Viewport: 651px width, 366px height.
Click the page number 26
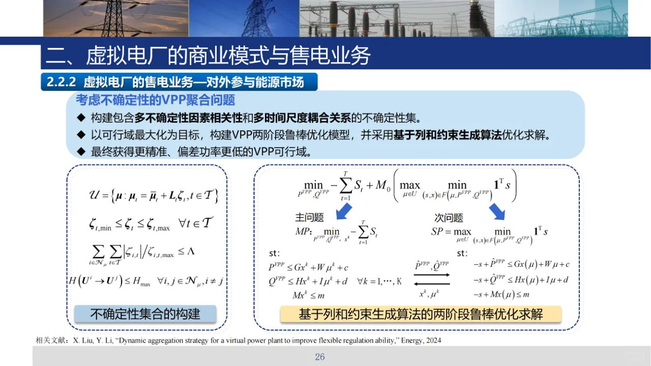319,357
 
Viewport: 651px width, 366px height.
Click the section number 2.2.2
61,82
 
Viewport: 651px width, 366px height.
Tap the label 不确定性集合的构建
145,314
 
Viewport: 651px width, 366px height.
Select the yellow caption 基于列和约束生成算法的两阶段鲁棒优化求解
421,314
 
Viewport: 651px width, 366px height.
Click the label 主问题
309,217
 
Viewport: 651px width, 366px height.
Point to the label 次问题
449,217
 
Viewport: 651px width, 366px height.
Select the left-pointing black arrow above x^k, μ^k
432,285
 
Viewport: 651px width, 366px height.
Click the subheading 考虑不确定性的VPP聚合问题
156,99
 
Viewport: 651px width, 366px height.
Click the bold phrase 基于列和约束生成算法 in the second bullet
447,135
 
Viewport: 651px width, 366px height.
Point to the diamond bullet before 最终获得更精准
80,152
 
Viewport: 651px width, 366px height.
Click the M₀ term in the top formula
380,186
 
